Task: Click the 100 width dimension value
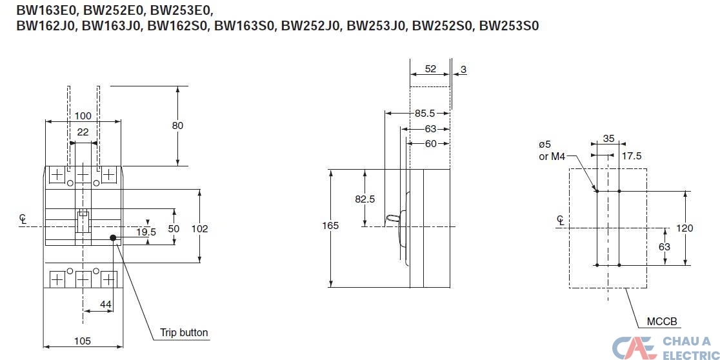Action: coord(83,115)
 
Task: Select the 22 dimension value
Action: coord(83,132)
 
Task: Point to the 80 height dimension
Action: coord(177,125)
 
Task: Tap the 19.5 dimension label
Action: coord(145,232)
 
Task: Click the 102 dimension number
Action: coord(201,228)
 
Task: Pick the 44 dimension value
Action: coord(105,303)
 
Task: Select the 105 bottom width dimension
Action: coord(81,341)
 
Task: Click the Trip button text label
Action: coord(184,333)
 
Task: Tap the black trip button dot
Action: coord(114,238)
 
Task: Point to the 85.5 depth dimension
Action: coord(425,114)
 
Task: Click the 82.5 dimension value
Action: coord(365,199)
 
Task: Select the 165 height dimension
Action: coord(330,226)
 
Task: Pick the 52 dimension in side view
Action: coord(430,68)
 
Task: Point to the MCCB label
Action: coord(662,321)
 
